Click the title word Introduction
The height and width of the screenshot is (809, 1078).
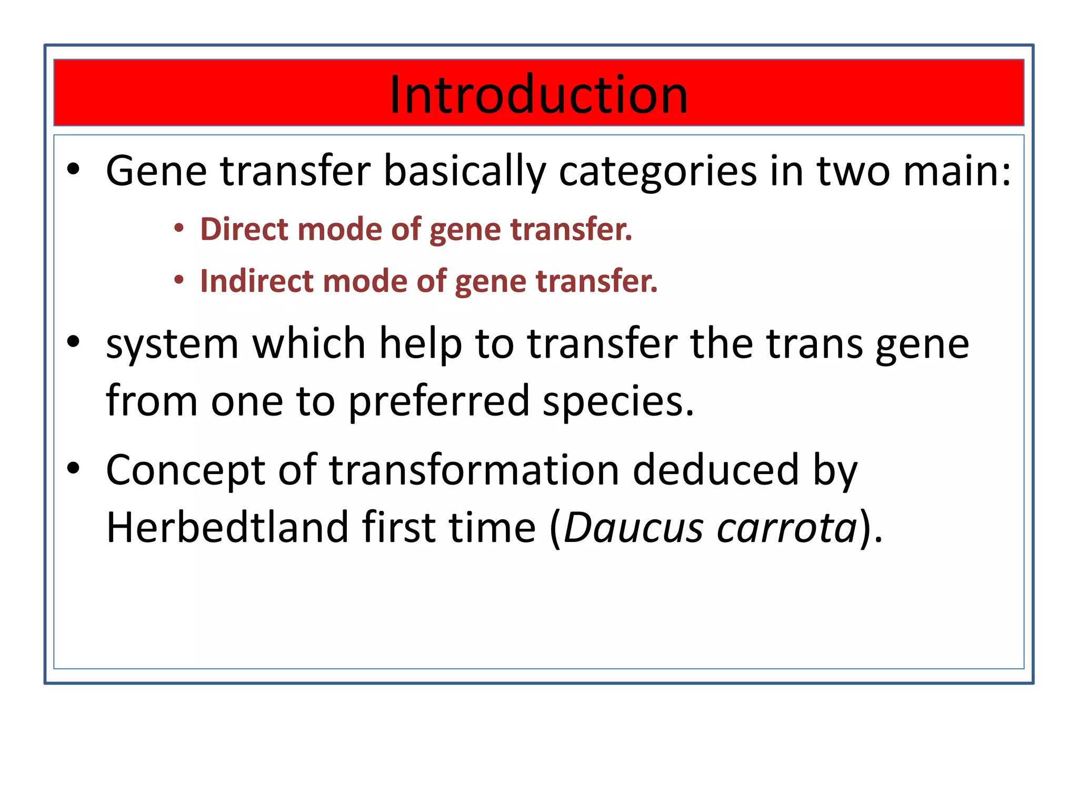[x=538, y=95]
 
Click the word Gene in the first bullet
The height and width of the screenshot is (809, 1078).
[x=156, y=171]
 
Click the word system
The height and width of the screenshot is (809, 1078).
[x=172, y=344]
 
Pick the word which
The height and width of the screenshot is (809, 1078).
[x=309, y=343]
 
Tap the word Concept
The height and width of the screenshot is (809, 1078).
[x=185, y=470]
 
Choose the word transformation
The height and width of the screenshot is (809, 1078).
[x=474, y=470]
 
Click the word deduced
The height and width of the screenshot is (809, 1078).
[x=716, y=470]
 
